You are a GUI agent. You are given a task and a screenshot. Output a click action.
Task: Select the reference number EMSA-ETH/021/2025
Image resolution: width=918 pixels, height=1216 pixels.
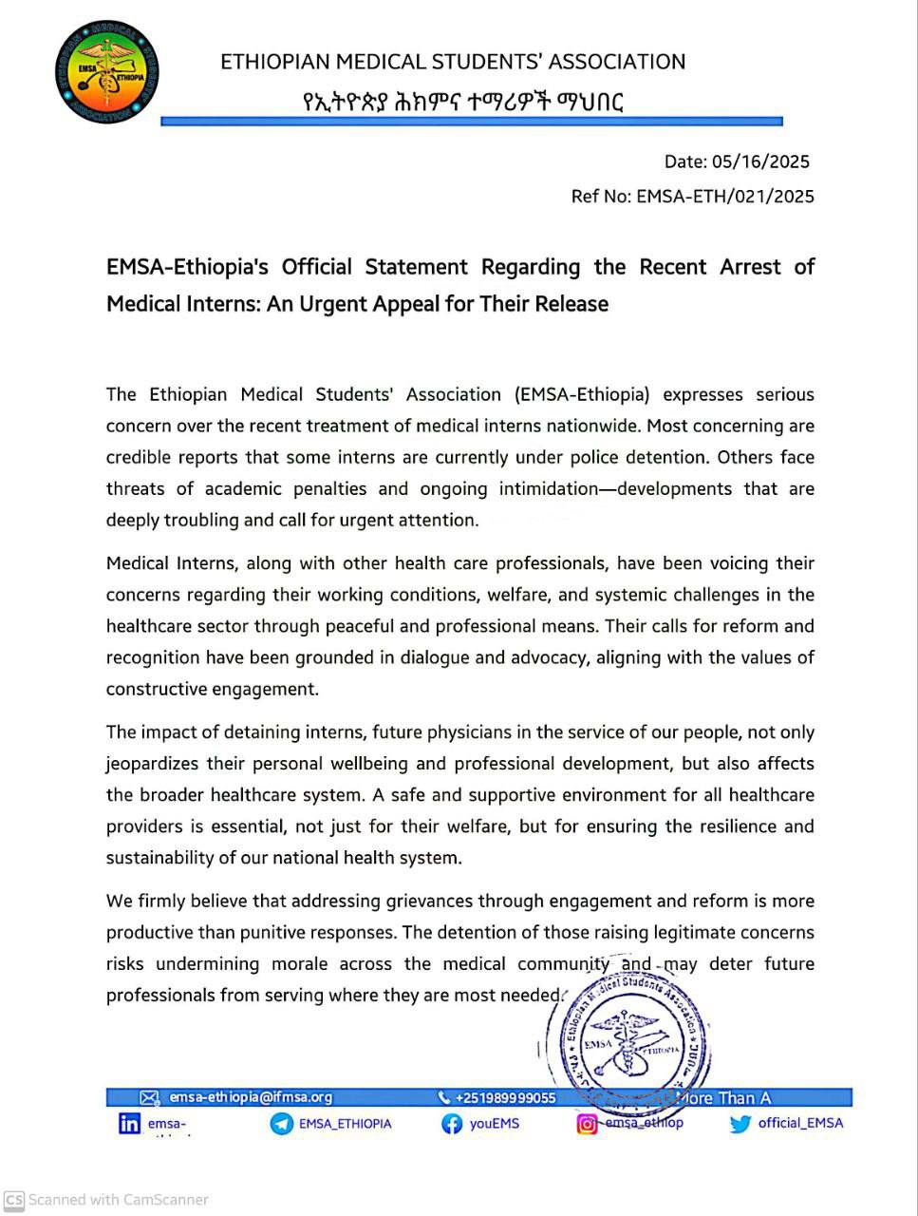point(724,197)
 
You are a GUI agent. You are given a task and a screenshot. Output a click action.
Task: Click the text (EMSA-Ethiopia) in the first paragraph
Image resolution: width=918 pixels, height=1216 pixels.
point(582,394)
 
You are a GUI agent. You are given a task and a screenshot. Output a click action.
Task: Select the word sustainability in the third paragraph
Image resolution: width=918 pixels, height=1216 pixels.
point(160,858)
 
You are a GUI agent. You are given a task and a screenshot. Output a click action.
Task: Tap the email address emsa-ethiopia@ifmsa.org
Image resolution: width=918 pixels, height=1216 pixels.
point(251,1097)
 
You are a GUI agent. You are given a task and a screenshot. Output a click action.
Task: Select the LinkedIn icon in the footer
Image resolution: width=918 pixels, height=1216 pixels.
point(129,1124)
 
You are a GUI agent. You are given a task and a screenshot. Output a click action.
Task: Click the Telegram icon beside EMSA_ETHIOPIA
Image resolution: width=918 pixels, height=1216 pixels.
point(281,1124)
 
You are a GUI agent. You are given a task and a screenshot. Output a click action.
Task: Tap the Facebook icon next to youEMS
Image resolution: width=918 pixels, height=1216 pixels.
point(452,1124)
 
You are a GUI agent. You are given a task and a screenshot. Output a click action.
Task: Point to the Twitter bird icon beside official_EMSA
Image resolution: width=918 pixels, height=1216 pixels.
point(740,1124)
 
